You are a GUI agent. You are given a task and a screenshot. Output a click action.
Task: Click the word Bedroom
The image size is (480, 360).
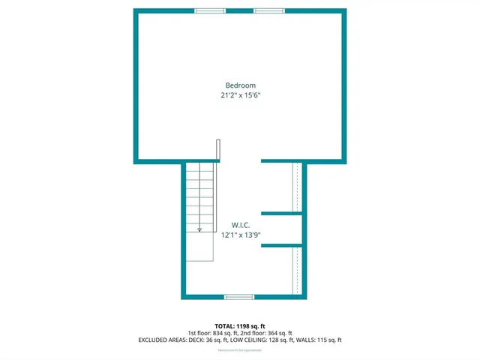click(x=240, y=85)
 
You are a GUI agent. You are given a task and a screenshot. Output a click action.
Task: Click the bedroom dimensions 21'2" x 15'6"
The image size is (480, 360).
click(x=240, y=95)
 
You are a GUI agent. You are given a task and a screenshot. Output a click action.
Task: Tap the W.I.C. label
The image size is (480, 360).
click(x=240, y=224)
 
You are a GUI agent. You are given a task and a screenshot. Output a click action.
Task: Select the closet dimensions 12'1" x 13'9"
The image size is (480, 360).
click(x=240, y=235)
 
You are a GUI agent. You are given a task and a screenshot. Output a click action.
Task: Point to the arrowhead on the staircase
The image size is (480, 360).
click(x=199, y=229)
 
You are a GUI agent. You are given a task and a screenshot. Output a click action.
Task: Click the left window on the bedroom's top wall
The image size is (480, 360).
click(x=210, y=10)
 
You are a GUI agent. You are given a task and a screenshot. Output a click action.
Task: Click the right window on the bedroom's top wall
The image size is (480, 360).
click(x=269, y=10)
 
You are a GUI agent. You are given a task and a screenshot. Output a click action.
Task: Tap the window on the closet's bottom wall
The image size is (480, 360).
click(x=239, y=297)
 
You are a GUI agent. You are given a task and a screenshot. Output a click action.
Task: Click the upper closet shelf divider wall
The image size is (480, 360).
click(x=281, y=214)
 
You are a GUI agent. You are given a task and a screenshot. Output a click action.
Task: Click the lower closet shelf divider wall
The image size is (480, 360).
click(x=281, y=245)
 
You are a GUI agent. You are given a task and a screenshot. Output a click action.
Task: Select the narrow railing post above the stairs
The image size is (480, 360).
click(x=218, y=150)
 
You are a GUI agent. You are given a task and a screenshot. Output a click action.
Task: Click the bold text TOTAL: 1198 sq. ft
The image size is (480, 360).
click(x=240, y=325)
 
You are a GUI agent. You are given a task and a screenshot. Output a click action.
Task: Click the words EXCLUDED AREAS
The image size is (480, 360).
click(x=162, y=340)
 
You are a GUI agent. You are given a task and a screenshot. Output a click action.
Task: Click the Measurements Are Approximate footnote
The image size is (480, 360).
click(x=240, y=350)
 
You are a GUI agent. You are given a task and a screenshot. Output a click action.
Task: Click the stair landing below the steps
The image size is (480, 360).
click(x=199, y=247)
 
